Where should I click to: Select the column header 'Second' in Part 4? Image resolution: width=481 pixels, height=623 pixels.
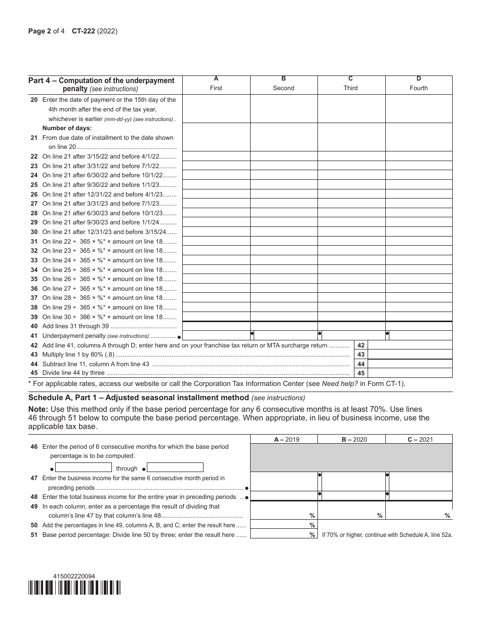(284, 88)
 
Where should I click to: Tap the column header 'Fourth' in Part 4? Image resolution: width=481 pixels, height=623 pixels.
(419, 88)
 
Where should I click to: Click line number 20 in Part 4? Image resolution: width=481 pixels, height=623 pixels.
(34, 100)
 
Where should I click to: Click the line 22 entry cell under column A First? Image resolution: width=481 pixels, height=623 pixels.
(216, 157)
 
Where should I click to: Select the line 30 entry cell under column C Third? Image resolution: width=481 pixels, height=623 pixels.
(351, 232)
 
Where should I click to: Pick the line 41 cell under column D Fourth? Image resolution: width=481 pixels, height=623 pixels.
(420, 335)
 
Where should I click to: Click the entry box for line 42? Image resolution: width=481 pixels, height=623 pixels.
(410, 345)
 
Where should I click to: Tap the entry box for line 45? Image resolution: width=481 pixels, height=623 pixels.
(410, 373)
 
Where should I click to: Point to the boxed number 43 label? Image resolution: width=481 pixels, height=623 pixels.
(360, 355)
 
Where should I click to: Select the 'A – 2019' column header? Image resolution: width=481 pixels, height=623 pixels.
(284, 440)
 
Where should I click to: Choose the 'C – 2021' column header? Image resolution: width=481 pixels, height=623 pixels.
(419, 440)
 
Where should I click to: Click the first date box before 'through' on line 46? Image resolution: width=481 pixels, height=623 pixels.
(83, 468)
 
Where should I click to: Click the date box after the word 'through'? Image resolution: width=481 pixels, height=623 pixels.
(175, 468)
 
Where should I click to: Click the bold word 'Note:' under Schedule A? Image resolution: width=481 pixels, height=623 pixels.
(38, 409)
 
